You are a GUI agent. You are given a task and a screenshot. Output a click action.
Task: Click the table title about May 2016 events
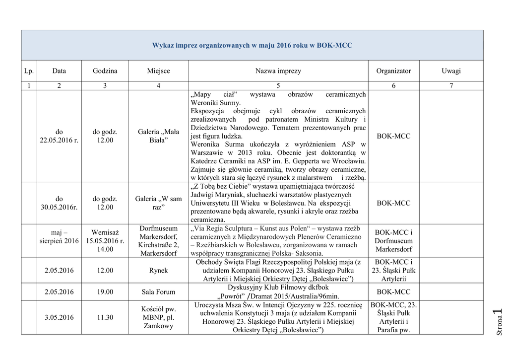coord(252,45)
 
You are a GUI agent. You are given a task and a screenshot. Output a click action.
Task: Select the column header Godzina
coord(105,71)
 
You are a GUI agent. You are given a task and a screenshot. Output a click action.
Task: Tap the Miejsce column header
coord(158,71)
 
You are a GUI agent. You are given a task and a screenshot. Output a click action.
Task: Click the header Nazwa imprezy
coord(278,71)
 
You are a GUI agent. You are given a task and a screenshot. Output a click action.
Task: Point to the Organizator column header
coord(393,71)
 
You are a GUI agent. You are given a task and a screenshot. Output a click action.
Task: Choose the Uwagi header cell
coord(451,71)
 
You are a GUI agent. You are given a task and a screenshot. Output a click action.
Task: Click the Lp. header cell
coord(29,71)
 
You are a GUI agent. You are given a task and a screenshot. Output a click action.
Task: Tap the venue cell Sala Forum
coord(158,292)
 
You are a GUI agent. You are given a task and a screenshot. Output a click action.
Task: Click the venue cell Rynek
coord(158,271)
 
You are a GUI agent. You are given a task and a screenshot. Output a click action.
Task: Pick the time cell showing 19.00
coord(105,292)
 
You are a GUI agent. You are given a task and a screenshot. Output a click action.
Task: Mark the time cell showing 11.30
coord(105,317)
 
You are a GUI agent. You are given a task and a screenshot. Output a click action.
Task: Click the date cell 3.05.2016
coord(59,317)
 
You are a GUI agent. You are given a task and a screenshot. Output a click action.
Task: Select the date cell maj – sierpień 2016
coord(59,236)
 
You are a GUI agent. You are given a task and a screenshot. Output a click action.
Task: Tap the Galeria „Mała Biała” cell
coord(158,136)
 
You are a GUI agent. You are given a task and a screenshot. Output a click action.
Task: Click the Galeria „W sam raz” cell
coord(158,203)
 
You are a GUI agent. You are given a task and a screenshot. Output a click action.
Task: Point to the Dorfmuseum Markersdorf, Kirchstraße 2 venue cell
coord(158,241)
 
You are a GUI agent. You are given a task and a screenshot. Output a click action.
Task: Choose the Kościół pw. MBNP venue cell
coord(158,317)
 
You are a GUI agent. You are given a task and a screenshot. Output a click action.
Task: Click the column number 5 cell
coord(278,86)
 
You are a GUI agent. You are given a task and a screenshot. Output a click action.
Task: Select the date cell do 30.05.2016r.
coord(59,203)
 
